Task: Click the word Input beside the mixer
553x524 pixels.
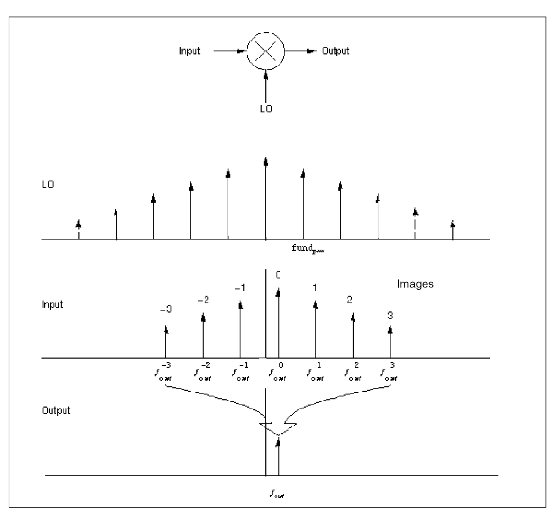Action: coord(190,51)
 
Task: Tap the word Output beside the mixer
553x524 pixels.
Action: coord(334,51)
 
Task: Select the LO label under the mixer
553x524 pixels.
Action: coord(266,108)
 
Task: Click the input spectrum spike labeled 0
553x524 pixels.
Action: coord(278,322)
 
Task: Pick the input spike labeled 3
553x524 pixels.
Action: coord(390,342)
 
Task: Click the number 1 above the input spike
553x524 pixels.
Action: coord(315,287)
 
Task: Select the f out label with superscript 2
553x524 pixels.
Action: coord(353,372)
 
